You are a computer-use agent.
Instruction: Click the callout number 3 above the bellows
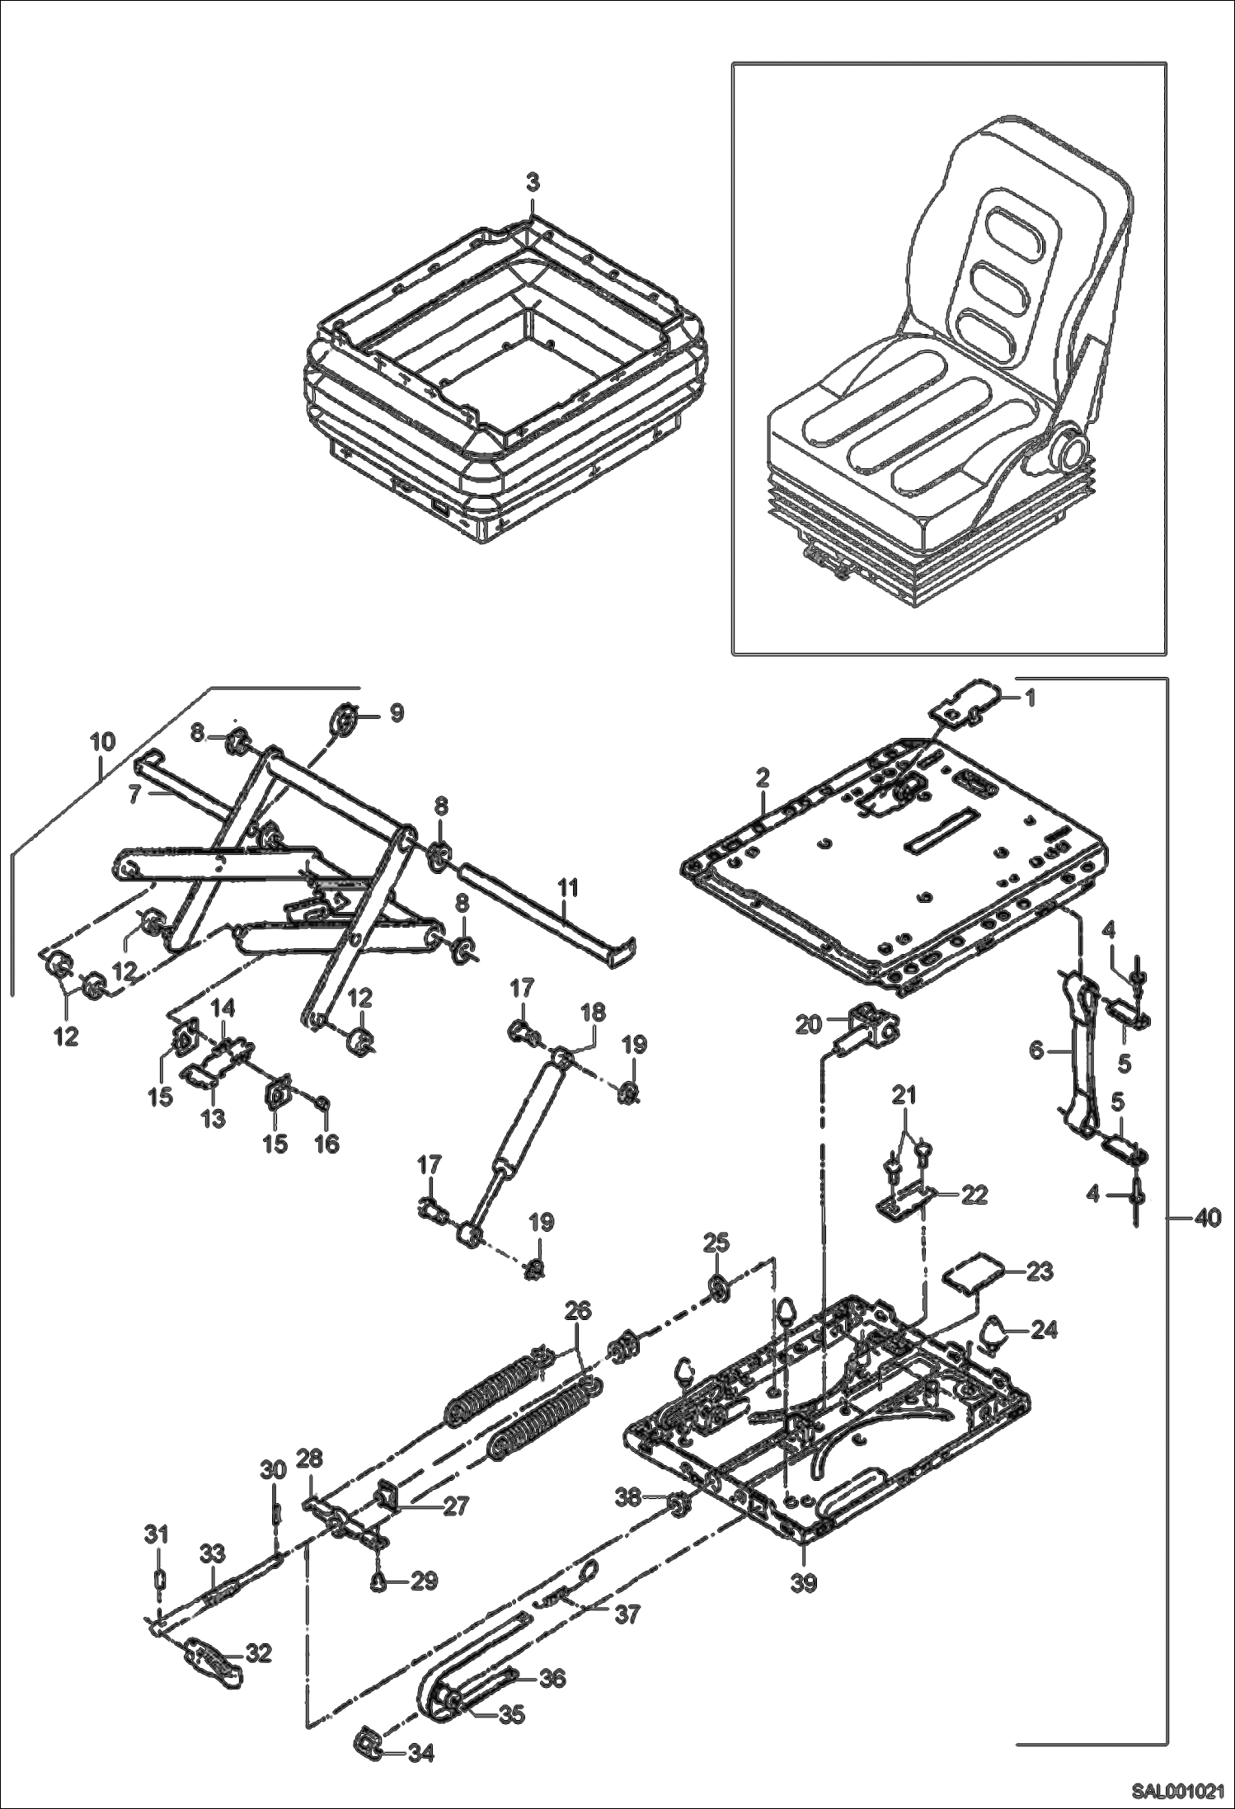(x=533, y=183)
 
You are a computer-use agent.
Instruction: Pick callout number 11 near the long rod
(x=568, y=889)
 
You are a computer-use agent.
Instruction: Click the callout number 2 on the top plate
(x=763, y=777)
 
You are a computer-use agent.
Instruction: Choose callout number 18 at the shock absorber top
(x=592, y=1013)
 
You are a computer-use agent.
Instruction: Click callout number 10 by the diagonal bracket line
(x=102, y=741)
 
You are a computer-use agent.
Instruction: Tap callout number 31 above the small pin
(x=157, y=1534)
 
